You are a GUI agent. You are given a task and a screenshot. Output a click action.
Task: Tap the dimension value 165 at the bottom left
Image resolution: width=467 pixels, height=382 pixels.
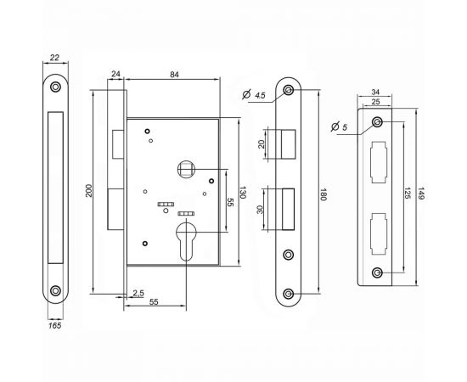[55, 323]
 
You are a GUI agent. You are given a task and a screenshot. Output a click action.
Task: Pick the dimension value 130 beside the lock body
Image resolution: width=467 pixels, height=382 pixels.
[243, 193]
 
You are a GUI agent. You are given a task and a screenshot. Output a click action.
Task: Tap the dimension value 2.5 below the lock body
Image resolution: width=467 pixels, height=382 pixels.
[138, 294]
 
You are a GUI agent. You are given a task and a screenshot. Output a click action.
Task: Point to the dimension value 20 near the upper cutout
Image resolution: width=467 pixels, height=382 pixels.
[262, 143]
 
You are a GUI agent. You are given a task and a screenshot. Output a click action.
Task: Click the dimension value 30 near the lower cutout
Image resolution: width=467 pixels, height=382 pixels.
[262, 211]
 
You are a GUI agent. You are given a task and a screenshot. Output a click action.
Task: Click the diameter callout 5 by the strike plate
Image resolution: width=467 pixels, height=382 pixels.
[343, 127]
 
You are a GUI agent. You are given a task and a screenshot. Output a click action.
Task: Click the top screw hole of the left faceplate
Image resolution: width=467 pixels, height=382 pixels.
[55, 87]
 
